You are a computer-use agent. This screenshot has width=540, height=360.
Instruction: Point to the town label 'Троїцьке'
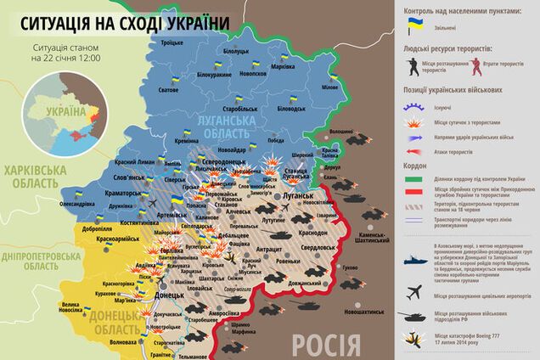click(x=171, y=42)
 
